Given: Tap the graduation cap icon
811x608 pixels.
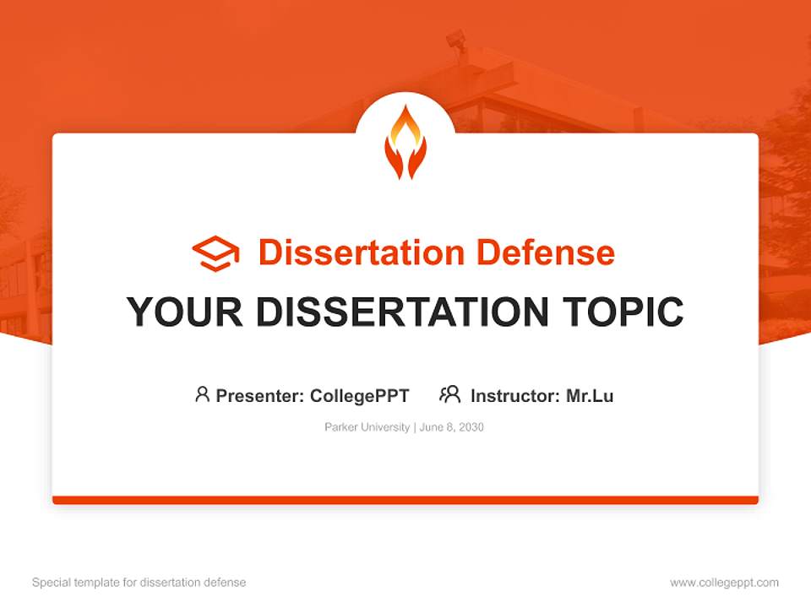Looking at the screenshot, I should point(215,252).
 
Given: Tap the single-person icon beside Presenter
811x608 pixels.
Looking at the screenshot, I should point(202,394).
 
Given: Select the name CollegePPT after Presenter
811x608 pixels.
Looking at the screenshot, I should point(360,396).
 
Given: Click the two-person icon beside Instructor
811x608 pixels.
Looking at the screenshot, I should point(449,394).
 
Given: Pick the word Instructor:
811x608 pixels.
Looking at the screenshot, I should point(515,396).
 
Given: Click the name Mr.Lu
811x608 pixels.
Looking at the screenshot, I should point(590,396).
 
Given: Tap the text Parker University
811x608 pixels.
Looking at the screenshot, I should point(367,427).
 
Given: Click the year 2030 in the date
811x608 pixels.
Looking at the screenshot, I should point(471,427).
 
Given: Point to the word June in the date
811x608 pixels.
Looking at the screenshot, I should point(431,427).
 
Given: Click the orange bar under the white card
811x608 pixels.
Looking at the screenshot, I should point(405,500).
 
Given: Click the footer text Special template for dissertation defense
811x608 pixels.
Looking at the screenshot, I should point(139,583).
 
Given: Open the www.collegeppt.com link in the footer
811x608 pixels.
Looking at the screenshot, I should point(725,583).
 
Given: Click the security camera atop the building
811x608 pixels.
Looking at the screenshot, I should point(456,39).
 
